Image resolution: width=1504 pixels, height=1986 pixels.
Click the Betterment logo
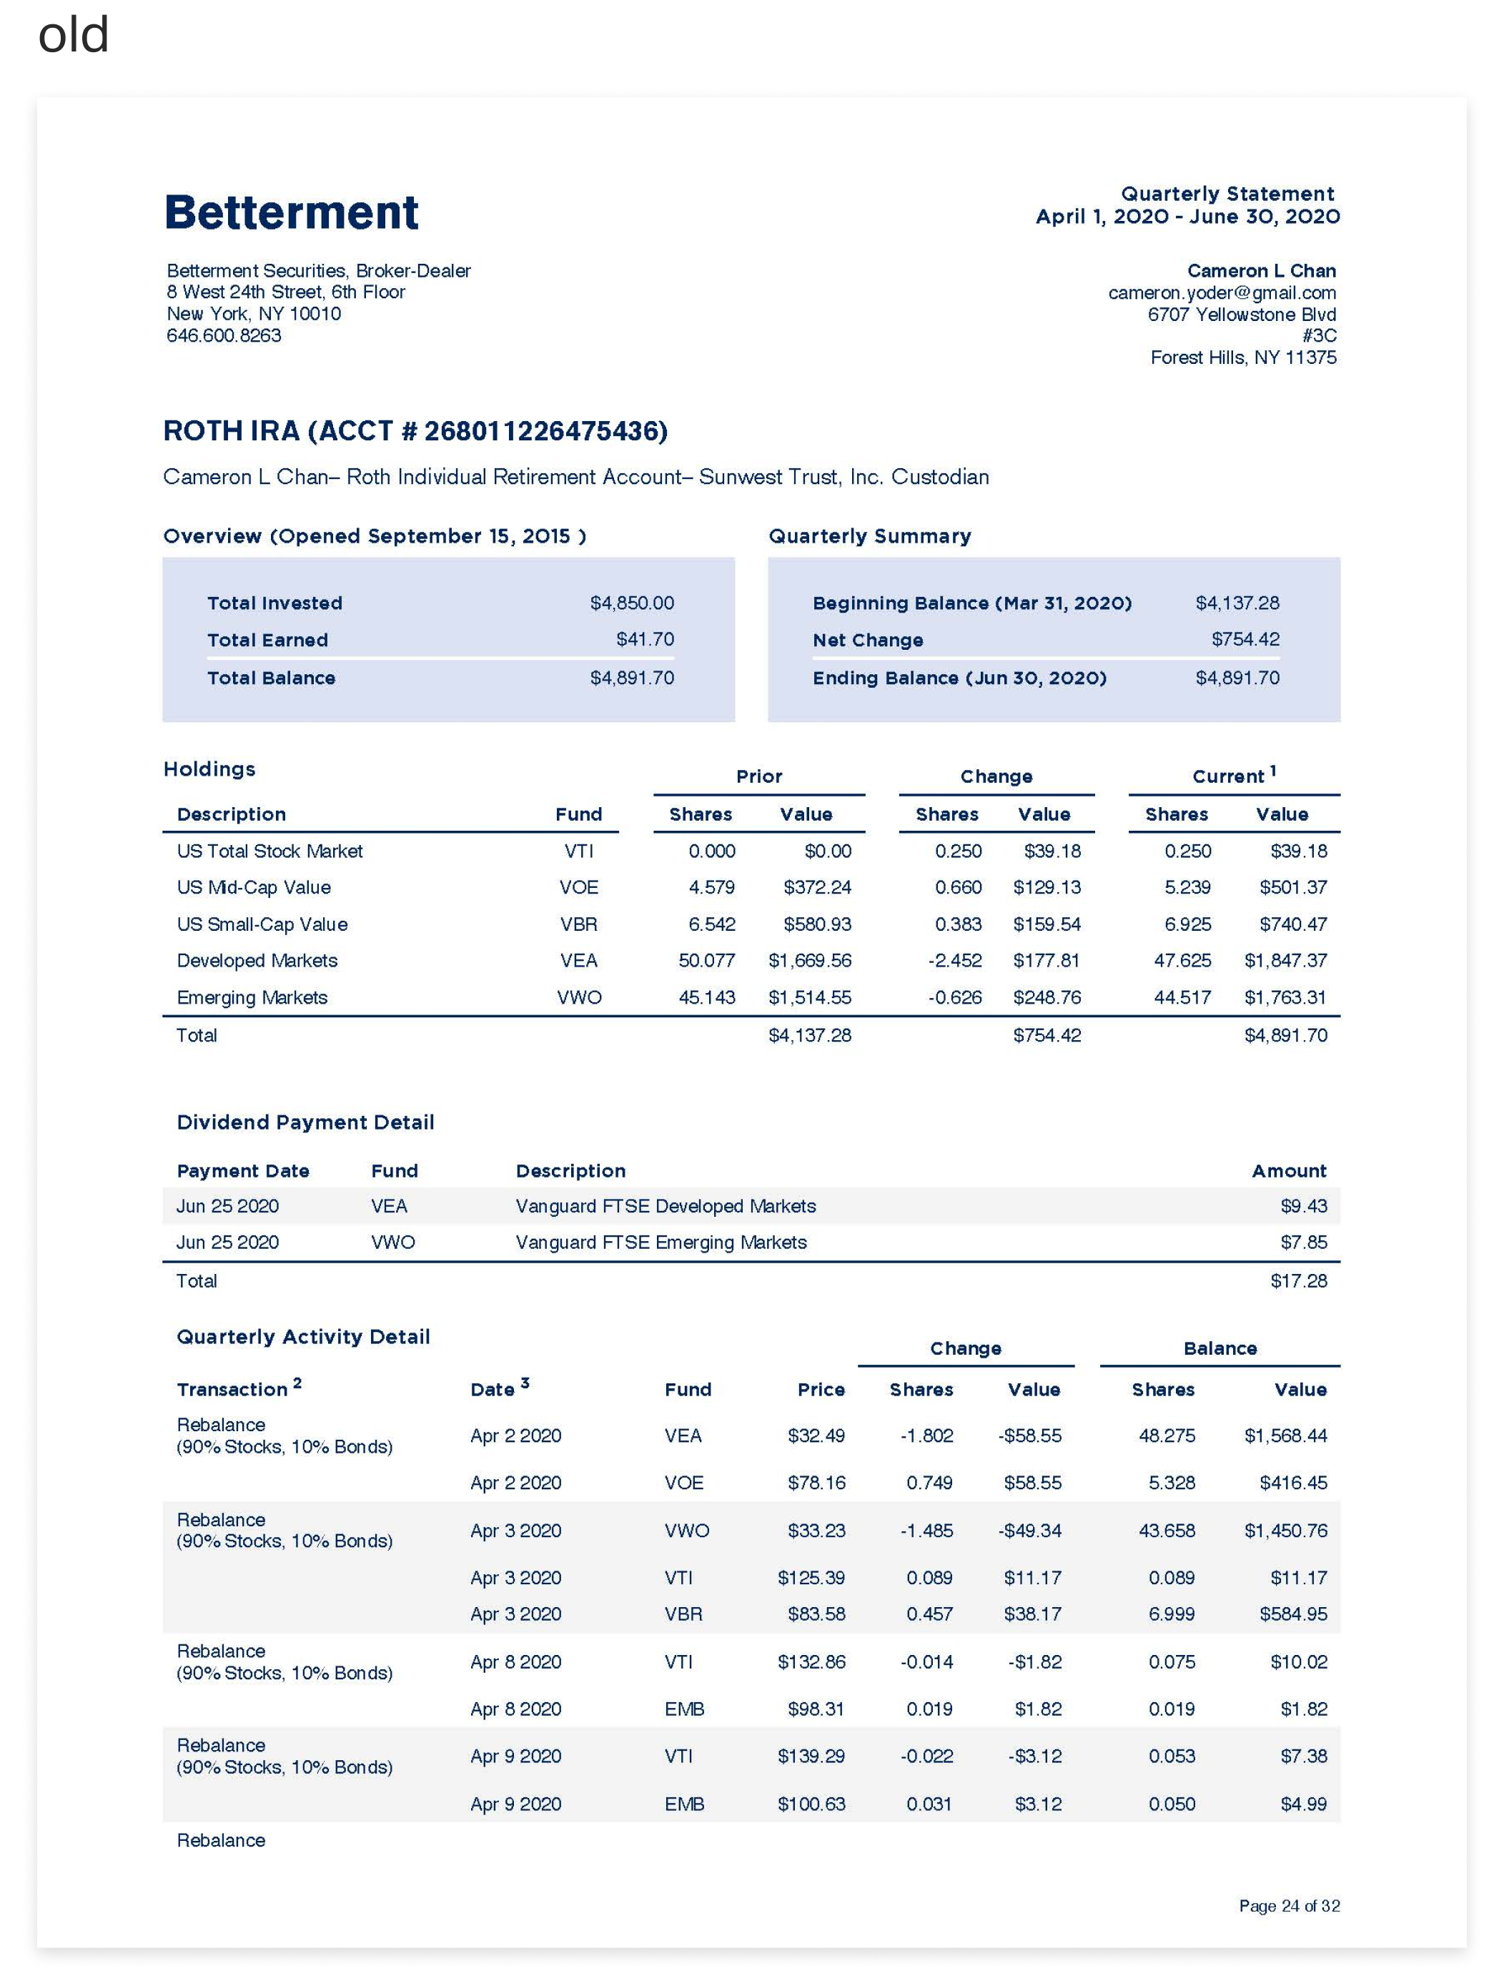tap(291, 213)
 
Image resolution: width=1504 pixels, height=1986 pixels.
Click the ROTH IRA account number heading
tap(415, 432)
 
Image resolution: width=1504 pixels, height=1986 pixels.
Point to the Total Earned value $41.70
tap(645, 639)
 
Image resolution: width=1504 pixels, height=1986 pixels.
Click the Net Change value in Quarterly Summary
tap(1245, 639)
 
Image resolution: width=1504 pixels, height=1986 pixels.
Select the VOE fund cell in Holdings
tap(578, 888)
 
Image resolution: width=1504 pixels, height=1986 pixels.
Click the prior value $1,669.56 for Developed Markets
tap(809, 961)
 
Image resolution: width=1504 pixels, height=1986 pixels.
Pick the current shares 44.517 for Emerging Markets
tap(1182, 997)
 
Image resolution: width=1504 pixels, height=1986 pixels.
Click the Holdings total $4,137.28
tap(809, 1035)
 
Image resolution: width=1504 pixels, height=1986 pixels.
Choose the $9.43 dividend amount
tap(1303, 1206)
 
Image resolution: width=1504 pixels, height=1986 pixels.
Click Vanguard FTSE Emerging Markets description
tap(661, 1243)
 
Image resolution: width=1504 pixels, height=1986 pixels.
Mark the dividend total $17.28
tap(1297, 1281)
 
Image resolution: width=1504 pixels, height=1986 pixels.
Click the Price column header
tap(821, 1390)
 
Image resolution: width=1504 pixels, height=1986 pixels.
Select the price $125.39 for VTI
tap(811, 1578)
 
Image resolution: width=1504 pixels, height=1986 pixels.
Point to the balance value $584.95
tap(1292, 1614)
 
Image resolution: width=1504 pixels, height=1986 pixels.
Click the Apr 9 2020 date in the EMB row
tap(515, 1804)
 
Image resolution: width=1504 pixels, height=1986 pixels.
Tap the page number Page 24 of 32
tap(1289, 1906)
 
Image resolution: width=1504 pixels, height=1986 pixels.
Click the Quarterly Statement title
tap(1227, 194)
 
